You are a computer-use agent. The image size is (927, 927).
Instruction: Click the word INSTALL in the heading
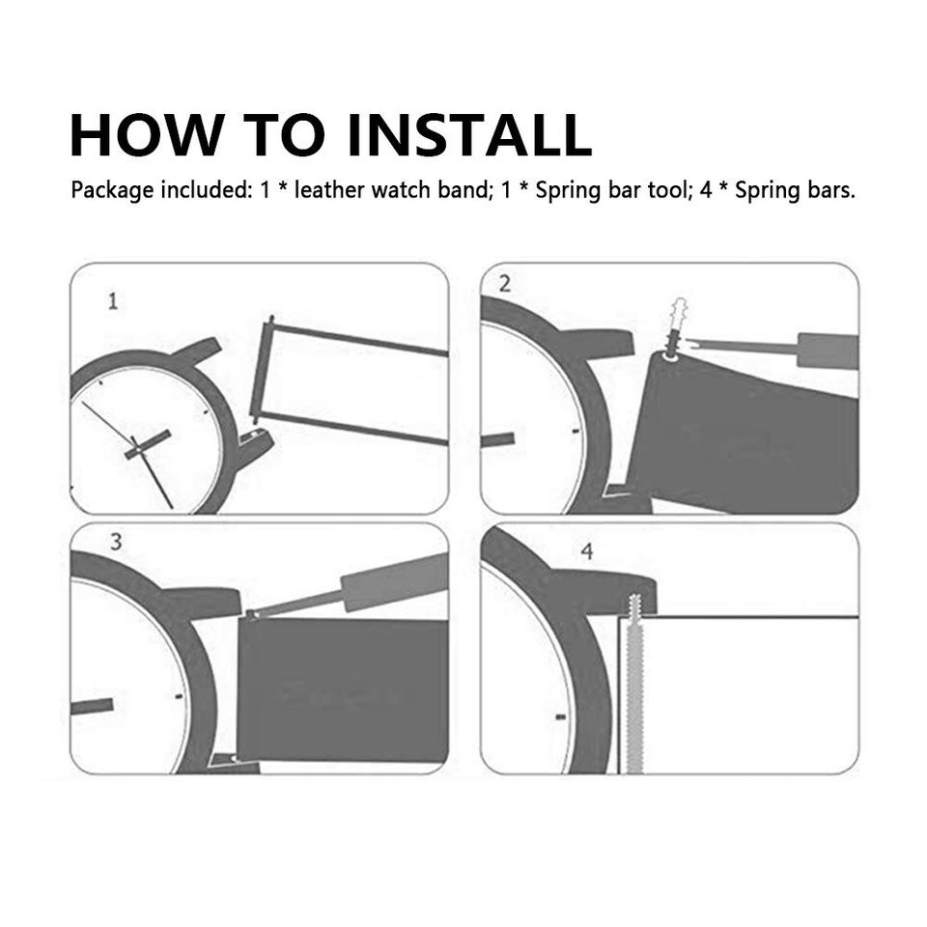point(469,134)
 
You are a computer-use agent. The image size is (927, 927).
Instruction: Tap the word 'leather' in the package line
point(329,190)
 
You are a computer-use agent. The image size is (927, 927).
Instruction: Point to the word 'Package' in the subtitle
point(112,190)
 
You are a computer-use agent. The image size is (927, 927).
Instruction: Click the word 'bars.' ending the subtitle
point(831,190)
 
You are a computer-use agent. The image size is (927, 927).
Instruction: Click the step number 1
point(113,301)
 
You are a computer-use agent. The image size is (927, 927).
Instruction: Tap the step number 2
point(504,284)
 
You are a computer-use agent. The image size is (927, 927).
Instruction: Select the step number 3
point(116,542)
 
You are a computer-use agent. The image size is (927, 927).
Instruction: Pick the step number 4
point(586,551)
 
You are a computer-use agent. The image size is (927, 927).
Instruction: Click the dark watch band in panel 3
point(342,690)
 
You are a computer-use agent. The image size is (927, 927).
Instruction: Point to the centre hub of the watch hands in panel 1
point(137,451)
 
